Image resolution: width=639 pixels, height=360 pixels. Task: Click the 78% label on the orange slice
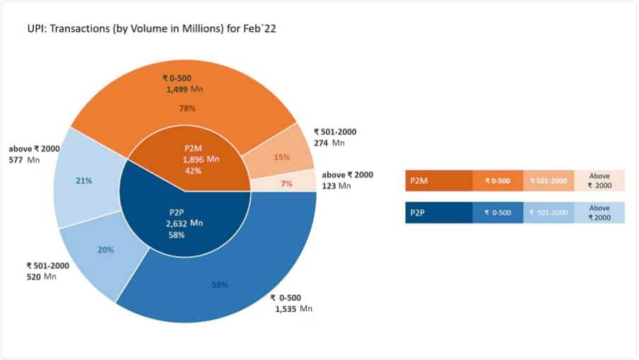187,109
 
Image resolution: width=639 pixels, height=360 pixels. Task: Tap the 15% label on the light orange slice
281,157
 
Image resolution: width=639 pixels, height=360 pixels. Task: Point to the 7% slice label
286,184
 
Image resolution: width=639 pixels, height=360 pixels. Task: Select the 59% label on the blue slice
219,286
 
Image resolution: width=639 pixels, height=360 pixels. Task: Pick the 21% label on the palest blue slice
84,181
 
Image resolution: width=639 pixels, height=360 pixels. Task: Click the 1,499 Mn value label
186,90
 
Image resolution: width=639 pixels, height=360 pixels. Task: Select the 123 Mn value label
336,186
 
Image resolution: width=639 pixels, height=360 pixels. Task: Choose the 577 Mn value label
26,161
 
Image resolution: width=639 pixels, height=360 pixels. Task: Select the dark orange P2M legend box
438,181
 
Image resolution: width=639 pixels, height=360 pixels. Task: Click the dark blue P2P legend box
438,213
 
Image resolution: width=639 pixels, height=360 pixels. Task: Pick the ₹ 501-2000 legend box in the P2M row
549,181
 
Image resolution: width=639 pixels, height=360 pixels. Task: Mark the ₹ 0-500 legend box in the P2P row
498,213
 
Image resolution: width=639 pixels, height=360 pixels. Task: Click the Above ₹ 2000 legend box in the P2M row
599,181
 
